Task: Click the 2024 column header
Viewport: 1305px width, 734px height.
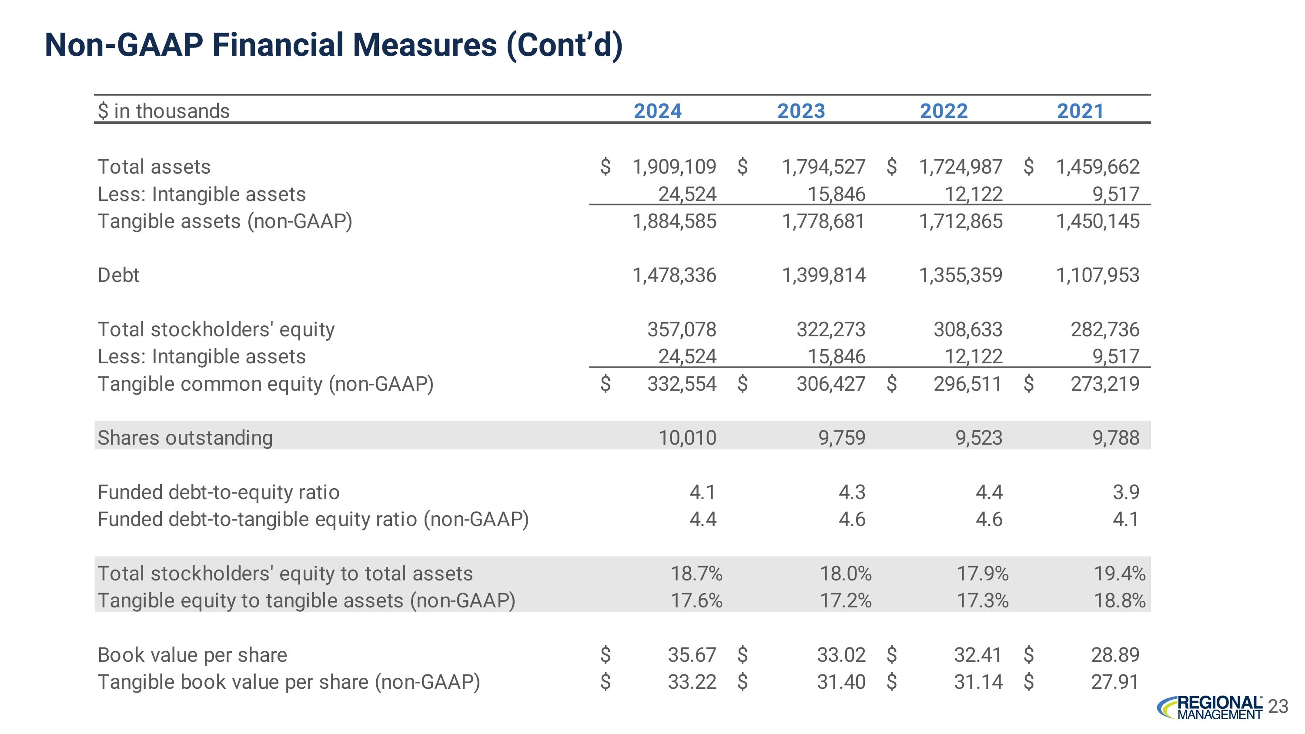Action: pos(658,111)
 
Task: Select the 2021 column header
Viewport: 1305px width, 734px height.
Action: pos(1080,111)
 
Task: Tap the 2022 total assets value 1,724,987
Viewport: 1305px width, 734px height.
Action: pos(960,167)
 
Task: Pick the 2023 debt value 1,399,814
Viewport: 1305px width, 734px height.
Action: pos(824,275)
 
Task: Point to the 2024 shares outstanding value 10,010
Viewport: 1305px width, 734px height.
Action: pos(687,438)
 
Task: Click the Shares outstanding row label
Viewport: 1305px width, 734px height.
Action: pos(185,438)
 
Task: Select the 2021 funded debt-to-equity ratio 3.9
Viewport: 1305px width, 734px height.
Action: pos(1126,492)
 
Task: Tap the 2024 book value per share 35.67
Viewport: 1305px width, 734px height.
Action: pos(692,654)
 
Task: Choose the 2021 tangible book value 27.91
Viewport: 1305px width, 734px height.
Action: pos(1114,682)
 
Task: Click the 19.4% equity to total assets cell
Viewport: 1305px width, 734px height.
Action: pos(1119,573)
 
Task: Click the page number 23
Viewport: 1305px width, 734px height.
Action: pos(1278,706)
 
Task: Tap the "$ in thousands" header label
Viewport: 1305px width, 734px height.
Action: pos(164,111)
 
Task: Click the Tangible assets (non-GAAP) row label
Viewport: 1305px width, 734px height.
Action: pos(224,221)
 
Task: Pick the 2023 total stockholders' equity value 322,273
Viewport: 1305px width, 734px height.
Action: pos(831,330)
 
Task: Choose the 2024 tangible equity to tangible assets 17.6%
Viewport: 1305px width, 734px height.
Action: pos(696,601)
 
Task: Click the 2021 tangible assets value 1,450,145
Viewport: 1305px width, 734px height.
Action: pos(1098,221)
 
